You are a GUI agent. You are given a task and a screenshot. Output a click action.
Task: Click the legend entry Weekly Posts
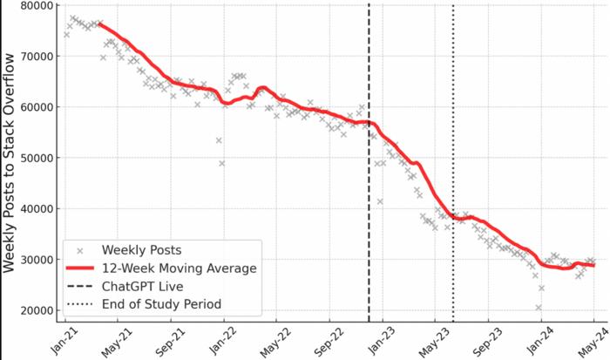coord(139,249)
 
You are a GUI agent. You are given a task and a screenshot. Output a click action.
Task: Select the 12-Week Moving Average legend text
coord(180,268)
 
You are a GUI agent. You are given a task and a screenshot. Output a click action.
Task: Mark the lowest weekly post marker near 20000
coord(539,308)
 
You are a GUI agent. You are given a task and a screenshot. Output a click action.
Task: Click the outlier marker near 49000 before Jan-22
coord(222,163)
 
